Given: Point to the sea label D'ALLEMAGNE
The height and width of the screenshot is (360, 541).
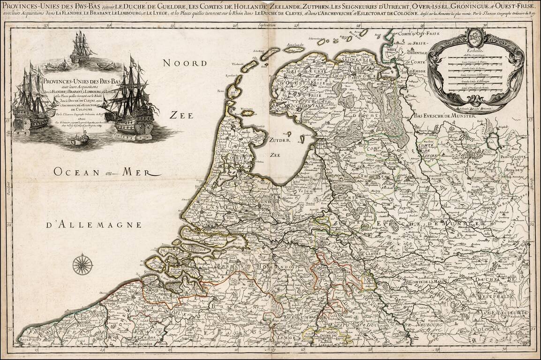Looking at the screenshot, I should point(94,225).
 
